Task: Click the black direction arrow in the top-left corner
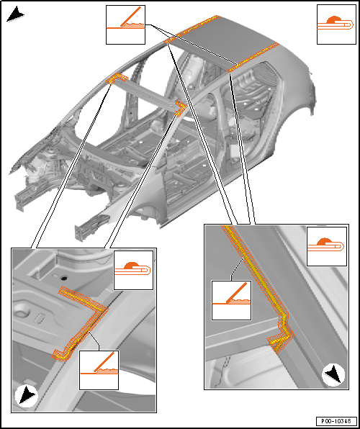click(15, 15)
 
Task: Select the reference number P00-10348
click(336, 420)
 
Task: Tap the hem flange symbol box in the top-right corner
click(336, 24)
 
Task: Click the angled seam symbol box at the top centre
click(125, 24)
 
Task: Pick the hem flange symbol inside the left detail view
click(133, 270)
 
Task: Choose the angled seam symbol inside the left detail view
click(99, 370)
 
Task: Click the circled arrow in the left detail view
click(27, 395)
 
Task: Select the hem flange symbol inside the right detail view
click(327, 246)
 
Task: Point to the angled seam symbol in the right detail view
click(231, 300)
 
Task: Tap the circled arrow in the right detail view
click(333, 374)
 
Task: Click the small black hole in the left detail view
click(64, 279)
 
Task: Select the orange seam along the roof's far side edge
click(192, 28)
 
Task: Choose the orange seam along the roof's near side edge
click(253, 57)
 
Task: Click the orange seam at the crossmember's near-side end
click(181, 108)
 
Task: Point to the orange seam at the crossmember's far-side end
click(118, 78)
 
